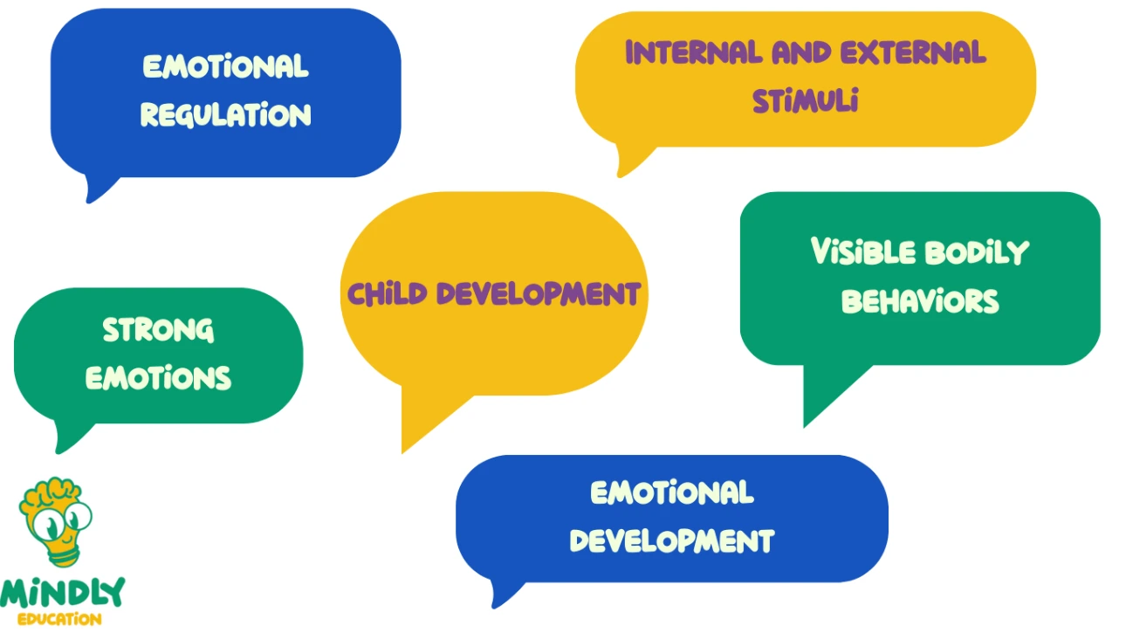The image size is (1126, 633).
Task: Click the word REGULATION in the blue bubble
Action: point(226,114)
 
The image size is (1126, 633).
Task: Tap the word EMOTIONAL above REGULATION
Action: point(226,66)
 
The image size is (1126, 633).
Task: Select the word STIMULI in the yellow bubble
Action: point(806,100)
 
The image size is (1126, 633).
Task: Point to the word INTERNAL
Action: point(694,52)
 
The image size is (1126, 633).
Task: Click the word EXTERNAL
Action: point(913,52)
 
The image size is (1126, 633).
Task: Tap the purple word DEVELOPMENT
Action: point(539,293)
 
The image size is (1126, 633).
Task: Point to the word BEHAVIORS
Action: point(920,301)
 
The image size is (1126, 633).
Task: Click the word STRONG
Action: point(158,330)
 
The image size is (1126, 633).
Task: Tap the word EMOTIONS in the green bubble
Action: point(158,378)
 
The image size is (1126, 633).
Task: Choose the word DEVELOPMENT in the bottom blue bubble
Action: point(672,541)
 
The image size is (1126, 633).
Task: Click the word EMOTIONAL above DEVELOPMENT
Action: point(672,492)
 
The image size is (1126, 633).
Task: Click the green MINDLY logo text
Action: point(62,594)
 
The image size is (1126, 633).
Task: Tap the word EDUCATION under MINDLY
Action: point(59,619)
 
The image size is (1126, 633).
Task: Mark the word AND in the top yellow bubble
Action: point(802,52)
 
